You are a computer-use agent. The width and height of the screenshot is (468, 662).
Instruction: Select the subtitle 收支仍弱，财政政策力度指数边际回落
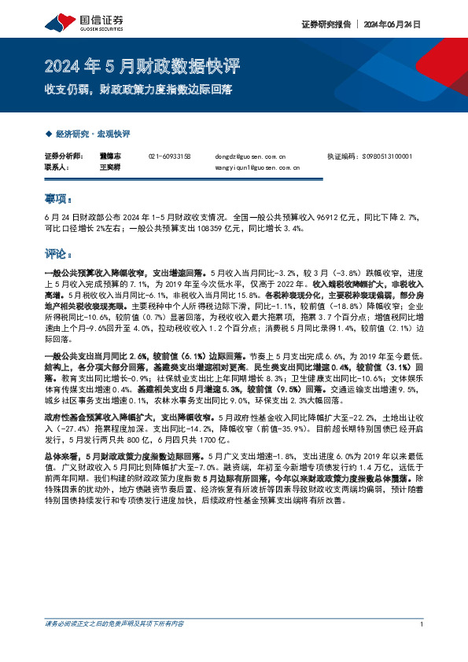(138, 90)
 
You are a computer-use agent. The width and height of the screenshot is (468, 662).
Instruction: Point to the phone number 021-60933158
(169, 156)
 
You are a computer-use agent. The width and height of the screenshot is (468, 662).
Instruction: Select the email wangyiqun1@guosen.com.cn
(257, 167)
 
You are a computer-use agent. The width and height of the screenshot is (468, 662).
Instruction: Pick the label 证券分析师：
(62, 156)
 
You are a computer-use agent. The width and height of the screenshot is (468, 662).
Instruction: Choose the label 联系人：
(57, 167)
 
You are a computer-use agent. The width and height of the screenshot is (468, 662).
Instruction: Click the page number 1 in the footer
(422, 645)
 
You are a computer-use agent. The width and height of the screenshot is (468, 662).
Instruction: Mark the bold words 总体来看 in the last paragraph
(60, 455)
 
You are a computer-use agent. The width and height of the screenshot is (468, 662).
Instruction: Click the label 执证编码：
(340, 156)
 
